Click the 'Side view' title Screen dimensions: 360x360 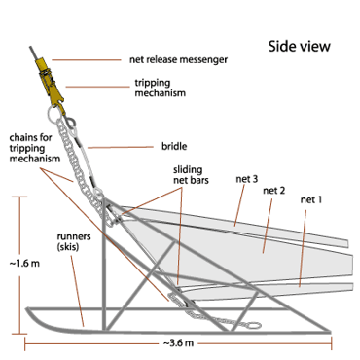(x=299, y=47)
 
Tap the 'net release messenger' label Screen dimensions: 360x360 (x=178, y=59)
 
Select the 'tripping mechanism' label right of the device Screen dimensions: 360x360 (x=160, y=87)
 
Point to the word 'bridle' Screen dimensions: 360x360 (x=174, y=147)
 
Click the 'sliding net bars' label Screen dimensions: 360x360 (x=191, y=175)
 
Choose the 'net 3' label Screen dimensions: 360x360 (x=247, y=179)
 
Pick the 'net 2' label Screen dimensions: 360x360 (x=274, y=191)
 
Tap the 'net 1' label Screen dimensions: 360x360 (x=311, y=200)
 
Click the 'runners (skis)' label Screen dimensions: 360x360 (x=74, y=241)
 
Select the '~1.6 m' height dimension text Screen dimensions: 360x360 (x=24, y=264)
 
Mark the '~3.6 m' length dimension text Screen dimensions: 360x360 (x=178, y=343)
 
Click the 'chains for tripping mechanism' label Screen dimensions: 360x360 (x=34, y=148)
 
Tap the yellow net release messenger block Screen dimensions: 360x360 (x=42, y=64)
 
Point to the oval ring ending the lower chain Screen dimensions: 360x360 (x=254, y=325)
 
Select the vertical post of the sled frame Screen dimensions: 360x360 (x=103, y=264)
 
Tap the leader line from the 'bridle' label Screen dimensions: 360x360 (x=121, y=148)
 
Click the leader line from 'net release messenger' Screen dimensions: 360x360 (x=86, y=60)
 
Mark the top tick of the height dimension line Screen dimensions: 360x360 (x=20, y=197)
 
